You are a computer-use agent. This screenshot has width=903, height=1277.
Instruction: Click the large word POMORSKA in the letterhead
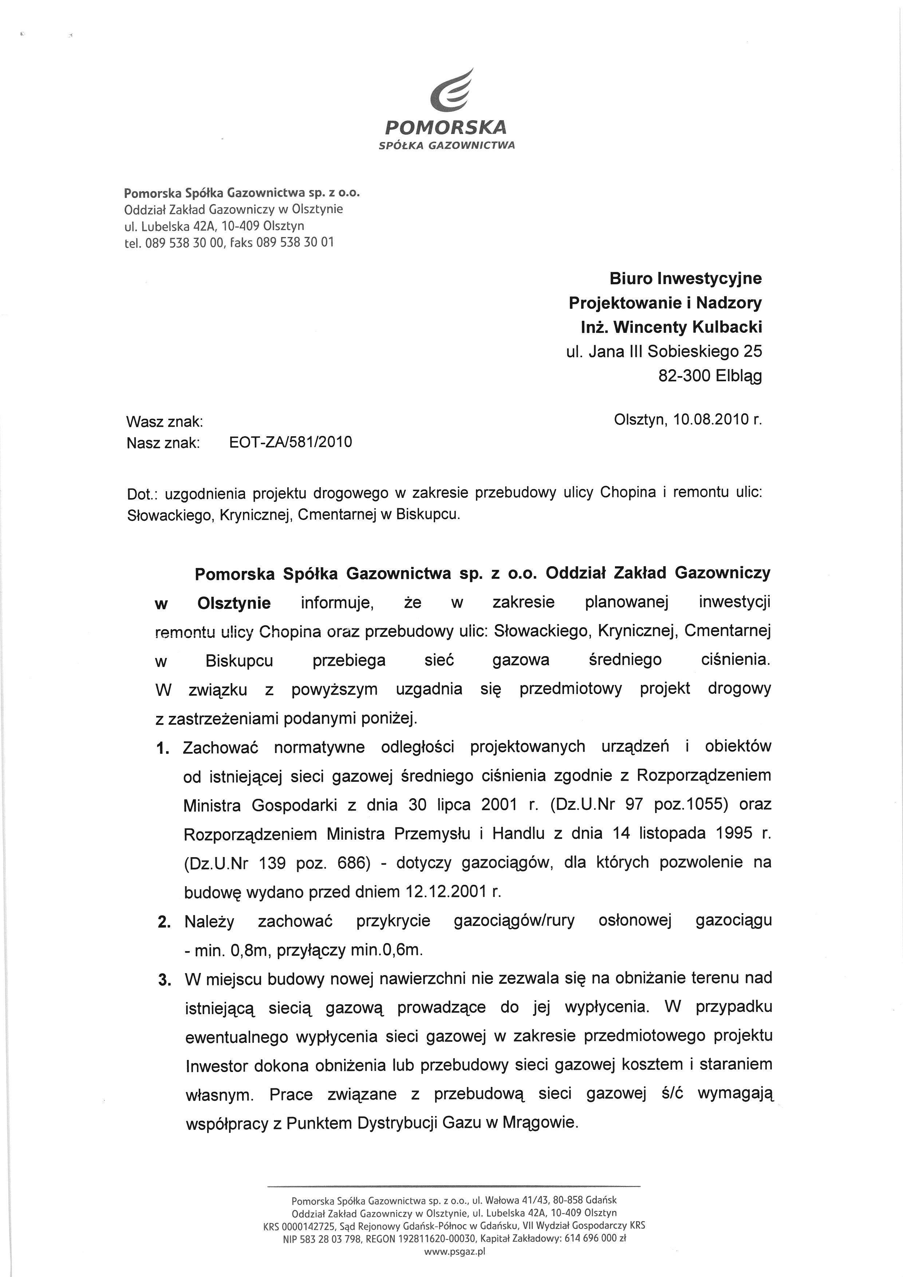tap(445, 127)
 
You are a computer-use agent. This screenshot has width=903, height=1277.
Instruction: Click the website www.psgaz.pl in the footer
tap(454, 1252)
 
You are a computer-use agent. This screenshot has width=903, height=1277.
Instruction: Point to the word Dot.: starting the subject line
tap(141, 493)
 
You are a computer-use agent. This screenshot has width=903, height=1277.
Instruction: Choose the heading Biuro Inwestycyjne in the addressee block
tap(686, 278)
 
